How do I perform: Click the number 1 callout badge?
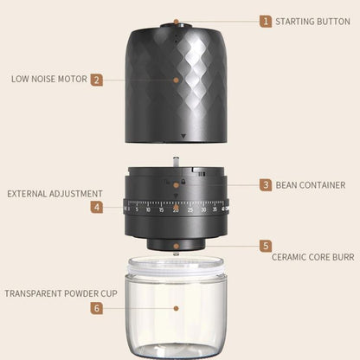pos(267,21)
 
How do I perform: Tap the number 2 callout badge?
pos(97,79)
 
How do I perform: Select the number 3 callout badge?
pos(267,184)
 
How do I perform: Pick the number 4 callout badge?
pos(97,208)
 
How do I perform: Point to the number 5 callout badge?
pos(267,246)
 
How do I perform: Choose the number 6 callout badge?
pos(97,307)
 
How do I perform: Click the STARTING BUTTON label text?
pos(313,21)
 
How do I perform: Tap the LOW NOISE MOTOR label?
pos(48,79)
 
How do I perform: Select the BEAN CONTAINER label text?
pos(311,185)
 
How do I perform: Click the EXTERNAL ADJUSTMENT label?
pos(55,194)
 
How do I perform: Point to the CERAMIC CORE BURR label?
pos(312,257)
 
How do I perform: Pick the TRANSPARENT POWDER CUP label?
pos(61,293)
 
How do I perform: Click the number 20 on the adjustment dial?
pos(176,209)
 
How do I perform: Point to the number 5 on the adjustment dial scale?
pos(137,209)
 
